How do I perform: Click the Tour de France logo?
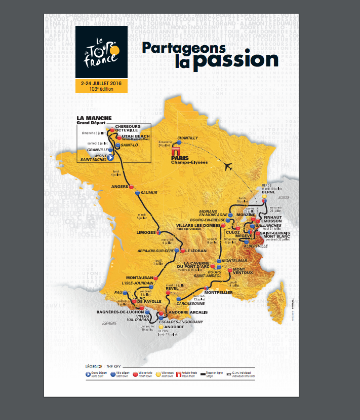tap(101, 52)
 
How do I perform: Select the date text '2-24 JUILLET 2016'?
tap(101, 83)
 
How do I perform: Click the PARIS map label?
tap(180, 158)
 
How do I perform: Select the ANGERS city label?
tap(121, 187)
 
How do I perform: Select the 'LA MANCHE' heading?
tap(91, 118)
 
